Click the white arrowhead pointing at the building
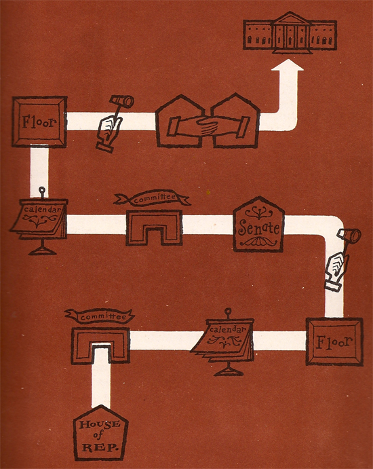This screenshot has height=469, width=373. click(x=288, y=65)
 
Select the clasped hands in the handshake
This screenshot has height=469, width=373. click(x=208, y=126)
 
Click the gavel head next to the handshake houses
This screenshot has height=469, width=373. click(x=121, y=101)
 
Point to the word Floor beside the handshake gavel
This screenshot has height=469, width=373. click(x=39, y=121)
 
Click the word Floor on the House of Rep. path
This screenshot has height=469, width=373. click(x=334, y=341)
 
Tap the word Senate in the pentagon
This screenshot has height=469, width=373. click(x=259, y=228)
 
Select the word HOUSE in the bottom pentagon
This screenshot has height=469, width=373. click(x=100, y=424)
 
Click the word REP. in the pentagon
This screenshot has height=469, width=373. click(x=100, y=447)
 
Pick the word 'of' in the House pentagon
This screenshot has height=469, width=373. click(x=98, y=435)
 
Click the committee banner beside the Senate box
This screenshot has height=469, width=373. click(x=152, y=198)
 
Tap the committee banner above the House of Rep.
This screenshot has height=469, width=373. click(x=100, y=316)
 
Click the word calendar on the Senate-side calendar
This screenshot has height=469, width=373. click(x=42, y=209)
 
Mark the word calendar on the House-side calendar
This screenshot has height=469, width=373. click(x=228, y=329)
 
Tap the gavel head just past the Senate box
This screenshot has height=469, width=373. click(x=349, y=236)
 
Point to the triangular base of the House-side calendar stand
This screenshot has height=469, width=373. click(x=228, y=371)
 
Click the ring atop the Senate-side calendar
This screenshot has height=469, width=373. click(x=42, y=189)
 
